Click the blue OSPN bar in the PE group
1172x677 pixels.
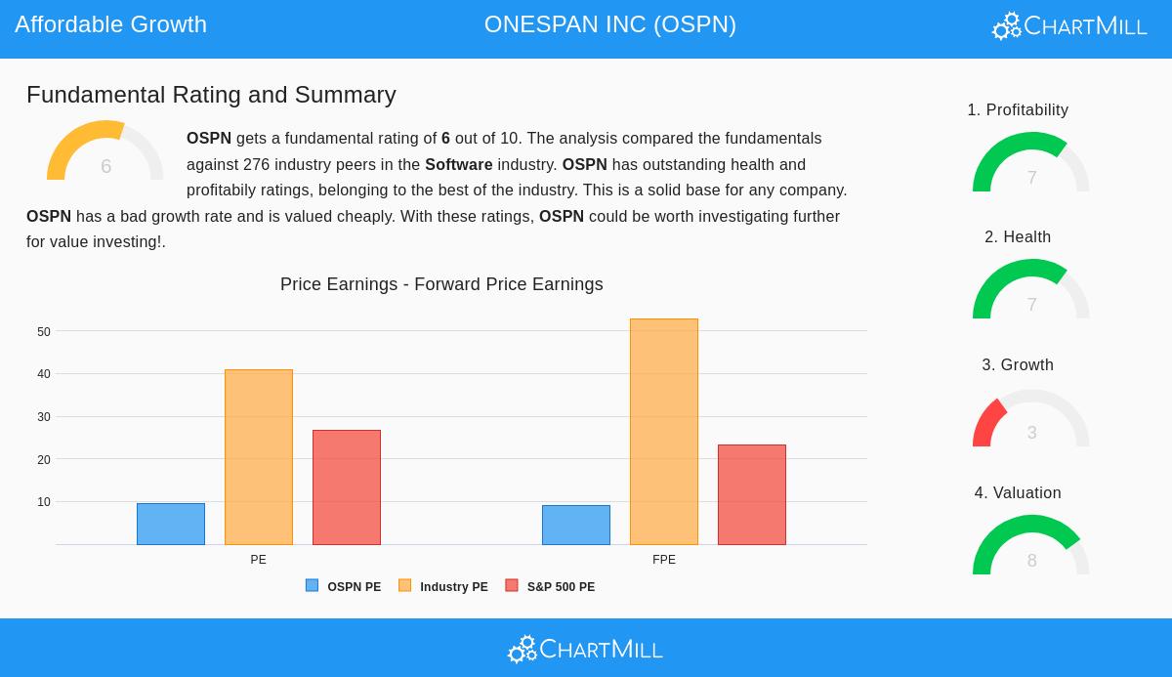[171, 525]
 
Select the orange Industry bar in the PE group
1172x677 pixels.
[259, 457]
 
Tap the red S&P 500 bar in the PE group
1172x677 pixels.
[347, 487]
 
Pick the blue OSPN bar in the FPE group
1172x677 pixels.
[576, 526]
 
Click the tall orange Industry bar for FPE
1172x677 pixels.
[664, 432]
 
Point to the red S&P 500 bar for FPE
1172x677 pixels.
[752, 494]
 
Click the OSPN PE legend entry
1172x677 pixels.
[344, 587]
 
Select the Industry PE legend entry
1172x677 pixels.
[443, 587]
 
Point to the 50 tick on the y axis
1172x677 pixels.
[44, 332]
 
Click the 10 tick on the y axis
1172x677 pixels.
[44, 502]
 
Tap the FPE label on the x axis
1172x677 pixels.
[664, 560]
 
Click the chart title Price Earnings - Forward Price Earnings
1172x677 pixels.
[441, 284]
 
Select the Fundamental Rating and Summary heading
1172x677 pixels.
[211, 95]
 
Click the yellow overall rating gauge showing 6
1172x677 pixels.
[105, 153]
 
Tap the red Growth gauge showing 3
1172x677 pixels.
[1031, 420]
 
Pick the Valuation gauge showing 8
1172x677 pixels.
[1031, 547]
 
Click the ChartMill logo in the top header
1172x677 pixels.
[1069, 26]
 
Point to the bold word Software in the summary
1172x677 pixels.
[458, 165]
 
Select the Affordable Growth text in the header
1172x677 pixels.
[110, 24]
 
